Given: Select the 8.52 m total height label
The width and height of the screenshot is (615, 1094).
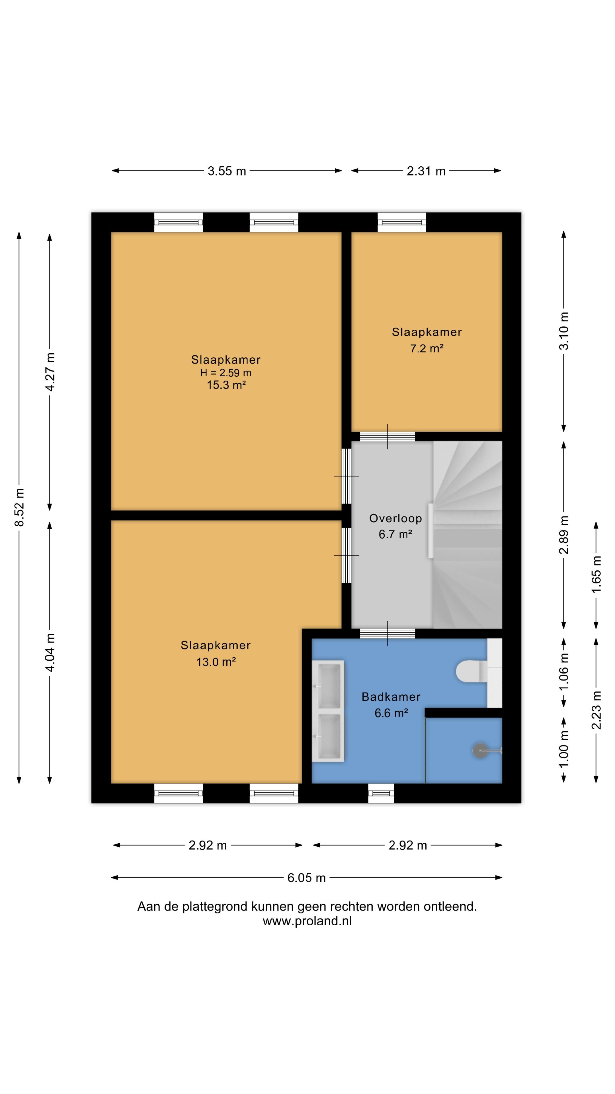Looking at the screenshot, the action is click(x=19, y=507).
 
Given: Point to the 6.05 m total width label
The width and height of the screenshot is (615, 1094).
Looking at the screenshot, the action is click(x=306, y=877).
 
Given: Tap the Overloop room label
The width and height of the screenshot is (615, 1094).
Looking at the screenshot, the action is click(x=395, y=518).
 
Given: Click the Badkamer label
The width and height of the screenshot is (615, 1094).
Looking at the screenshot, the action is click(x=391, y=697).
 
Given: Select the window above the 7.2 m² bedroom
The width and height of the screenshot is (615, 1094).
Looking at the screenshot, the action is click(x=401, y=222).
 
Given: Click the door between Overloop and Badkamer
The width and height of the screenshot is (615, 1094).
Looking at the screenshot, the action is click(x=388, y=633).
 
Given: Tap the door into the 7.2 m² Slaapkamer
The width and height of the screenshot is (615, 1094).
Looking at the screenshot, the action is click(x=388, y=436).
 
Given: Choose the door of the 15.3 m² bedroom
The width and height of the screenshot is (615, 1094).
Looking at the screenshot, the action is click(x=346, y=476).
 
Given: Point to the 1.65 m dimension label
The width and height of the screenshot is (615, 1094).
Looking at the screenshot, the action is click(x=596, y=574).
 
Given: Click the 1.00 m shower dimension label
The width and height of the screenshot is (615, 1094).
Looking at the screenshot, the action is click(x=564, y=750).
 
